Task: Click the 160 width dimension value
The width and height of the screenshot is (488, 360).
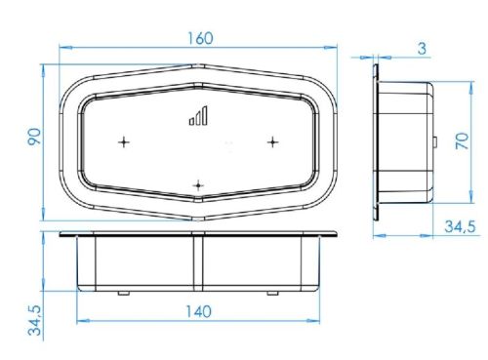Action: (200, 38)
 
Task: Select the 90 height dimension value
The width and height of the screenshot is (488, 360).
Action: (34, 137)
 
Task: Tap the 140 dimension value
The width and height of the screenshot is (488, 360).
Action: (198, 311)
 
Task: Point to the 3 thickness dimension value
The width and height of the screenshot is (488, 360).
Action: (422, 49)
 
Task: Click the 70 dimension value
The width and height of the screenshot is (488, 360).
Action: (462, 140)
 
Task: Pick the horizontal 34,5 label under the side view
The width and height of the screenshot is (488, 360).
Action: (460, 226)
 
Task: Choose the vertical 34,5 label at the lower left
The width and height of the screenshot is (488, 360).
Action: (35, 320)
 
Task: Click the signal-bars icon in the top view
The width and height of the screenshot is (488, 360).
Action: (198, 115)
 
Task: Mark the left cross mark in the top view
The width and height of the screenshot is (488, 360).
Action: (124, 142)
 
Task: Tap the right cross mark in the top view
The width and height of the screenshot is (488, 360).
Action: (272, 142)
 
